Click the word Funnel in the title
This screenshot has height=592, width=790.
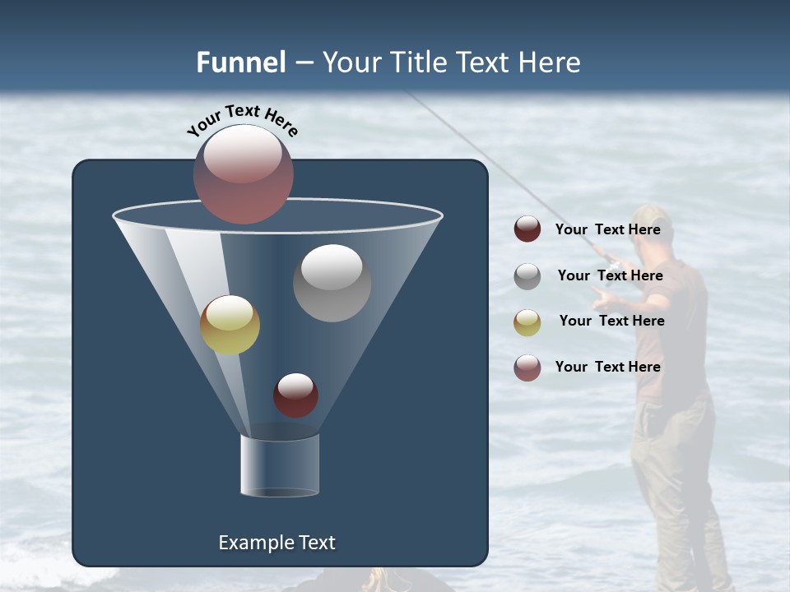240,62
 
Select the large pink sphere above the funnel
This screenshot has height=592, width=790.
244,173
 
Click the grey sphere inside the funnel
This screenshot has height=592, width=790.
332,283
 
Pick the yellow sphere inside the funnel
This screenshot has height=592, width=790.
230,325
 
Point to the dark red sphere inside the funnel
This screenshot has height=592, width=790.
295,395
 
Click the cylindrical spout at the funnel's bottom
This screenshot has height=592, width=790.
280,465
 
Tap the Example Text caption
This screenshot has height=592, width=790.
276,543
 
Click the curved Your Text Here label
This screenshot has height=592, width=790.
243,120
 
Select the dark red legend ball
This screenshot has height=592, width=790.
527,229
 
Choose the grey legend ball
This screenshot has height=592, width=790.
527,276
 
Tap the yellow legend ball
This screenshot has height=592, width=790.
527,321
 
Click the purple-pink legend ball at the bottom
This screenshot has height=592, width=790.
527,368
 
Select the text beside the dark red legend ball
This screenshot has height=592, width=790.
607,230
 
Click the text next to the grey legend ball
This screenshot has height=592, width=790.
610,276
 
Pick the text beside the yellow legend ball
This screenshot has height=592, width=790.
611,321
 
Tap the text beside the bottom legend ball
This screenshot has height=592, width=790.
607,367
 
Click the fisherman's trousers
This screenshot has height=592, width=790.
671,477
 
